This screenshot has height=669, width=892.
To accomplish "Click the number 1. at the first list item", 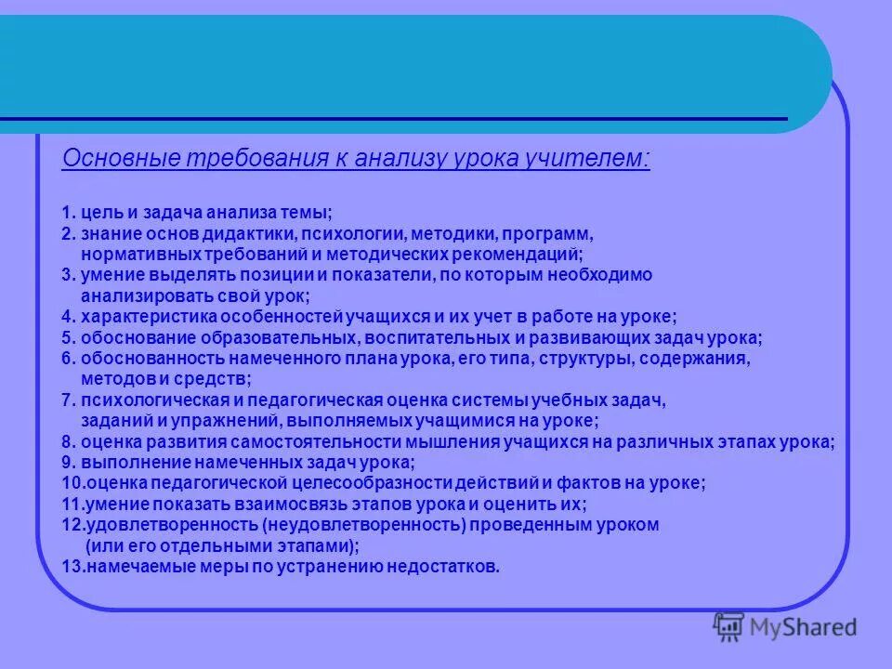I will coord(69,215).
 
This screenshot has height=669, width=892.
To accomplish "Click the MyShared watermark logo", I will coord(785,628).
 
